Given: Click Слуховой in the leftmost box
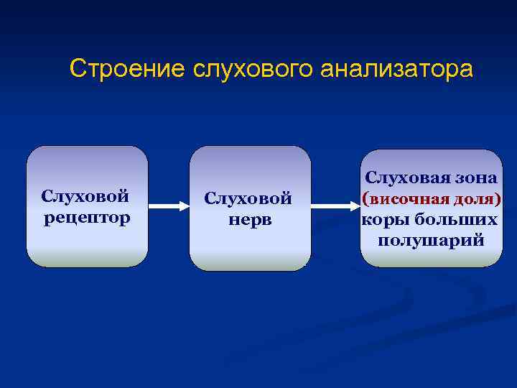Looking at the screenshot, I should pos(85,196).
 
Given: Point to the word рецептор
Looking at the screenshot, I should pos(87,217).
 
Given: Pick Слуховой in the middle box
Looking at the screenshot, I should pos(248,198).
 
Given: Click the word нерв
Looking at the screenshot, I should pos(250,219).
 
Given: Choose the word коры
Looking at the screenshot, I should pos(387,218).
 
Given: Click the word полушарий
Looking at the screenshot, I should pos(432,239).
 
